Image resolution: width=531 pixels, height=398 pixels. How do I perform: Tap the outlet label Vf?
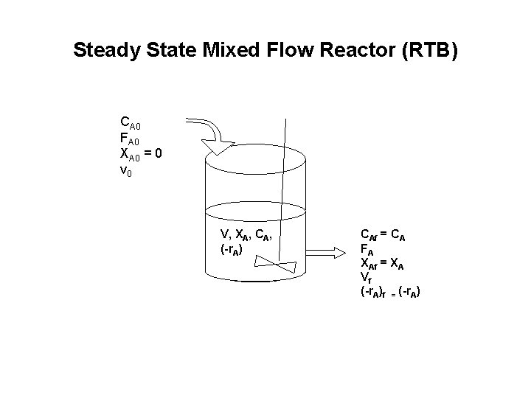[x=366, y=277]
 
